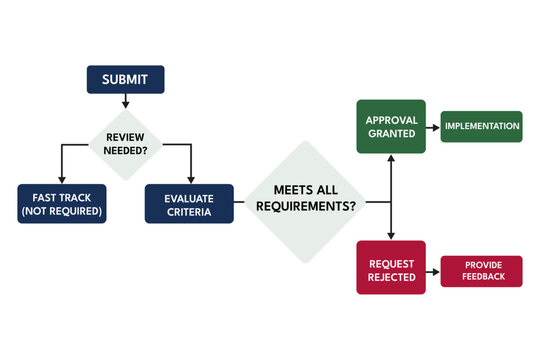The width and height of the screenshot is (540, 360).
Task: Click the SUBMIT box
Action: [x=125, y=79]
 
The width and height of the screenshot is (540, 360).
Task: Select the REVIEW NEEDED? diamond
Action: [x=125, y=144]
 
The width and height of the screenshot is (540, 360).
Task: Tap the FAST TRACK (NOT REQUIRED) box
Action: [x=61, y=204]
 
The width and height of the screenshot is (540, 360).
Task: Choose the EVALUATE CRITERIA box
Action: [x=189, y=204]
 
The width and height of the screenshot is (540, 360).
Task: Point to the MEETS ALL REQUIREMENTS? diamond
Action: [x=304, y=201]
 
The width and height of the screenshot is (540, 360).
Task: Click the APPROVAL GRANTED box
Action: [x=391, y=126]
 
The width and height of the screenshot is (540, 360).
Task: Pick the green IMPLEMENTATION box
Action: [x=482, y=126]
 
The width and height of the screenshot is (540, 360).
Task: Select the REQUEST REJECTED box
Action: [x=391, y=267]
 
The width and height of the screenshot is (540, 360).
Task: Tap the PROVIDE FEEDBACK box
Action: [x=482, y=270]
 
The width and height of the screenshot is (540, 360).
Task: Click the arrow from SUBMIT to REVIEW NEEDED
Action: [x=125, y=100]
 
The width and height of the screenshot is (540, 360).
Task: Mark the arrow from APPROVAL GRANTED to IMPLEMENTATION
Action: [x=433, y=127]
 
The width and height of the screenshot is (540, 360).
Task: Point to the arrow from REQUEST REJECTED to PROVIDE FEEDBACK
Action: [x=433, y=270]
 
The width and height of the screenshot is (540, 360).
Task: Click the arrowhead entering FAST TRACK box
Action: [x=61, y=180]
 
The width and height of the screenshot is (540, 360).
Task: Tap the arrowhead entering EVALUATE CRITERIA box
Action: [x=189, y=180]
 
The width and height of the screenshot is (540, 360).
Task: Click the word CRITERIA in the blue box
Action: [x=189, y=212]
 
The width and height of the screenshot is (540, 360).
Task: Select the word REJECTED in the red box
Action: [x=391, y=276]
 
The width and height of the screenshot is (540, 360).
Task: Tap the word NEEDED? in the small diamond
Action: [x=125, y=152]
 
